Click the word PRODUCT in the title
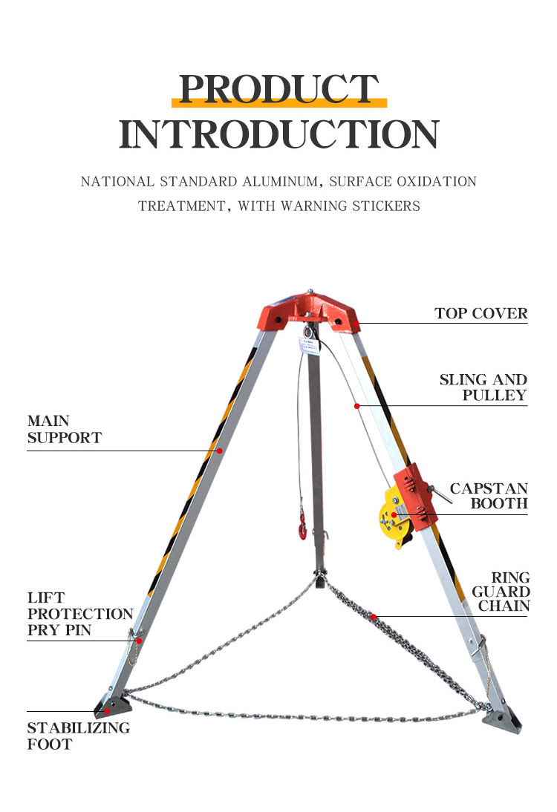click(x=278, y=89)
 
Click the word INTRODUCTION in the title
click(x=278, y=134)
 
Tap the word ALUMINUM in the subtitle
click(x=280, y=182)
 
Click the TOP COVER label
click(x=481, y=313)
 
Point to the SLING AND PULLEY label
click(x=483, y=387)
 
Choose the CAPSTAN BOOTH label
click(x=489, y=496)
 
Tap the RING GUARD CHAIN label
click(x=501, y=592)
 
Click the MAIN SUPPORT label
click(x=65, y=429)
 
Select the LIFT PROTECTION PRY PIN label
click(x=80, y=614)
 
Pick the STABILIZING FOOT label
click(x=78, y=736)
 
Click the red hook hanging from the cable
click(x=302, y=525)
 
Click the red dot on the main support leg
click(x=220, y=451)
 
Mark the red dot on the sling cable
click(x=357, y=406)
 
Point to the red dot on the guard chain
click(x=373, y=616)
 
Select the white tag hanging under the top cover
click(x=307, y=345)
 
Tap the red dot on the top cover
click(x=356, y=324)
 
